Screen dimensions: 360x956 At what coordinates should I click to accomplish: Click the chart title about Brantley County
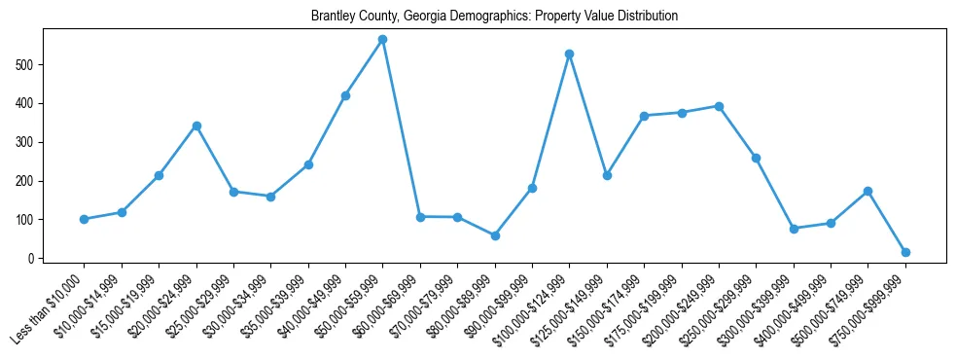494,17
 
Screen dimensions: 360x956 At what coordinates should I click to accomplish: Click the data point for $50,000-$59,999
382,40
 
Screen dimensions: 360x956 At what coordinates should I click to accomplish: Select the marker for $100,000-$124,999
569,54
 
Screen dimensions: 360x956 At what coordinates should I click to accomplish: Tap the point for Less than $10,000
84,219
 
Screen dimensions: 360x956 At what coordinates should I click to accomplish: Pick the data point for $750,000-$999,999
905,252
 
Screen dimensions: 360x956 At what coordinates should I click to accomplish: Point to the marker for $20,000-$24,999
196,126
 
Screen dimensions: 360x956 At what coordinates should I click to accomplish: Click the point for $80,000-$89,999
495,235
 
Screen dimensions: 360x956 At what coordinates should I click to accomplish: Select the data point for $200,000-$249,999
719,106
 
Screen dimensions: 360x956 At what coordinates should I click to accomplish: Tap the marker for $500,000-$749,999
867,191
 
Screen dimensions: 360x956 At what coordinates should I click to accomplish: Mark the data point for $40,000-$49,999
345,95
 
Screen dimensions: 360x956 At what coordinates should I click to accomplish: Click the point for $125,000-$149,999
607,175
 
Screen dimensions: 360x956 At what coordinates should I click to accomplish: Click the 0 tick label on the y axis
33,259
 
